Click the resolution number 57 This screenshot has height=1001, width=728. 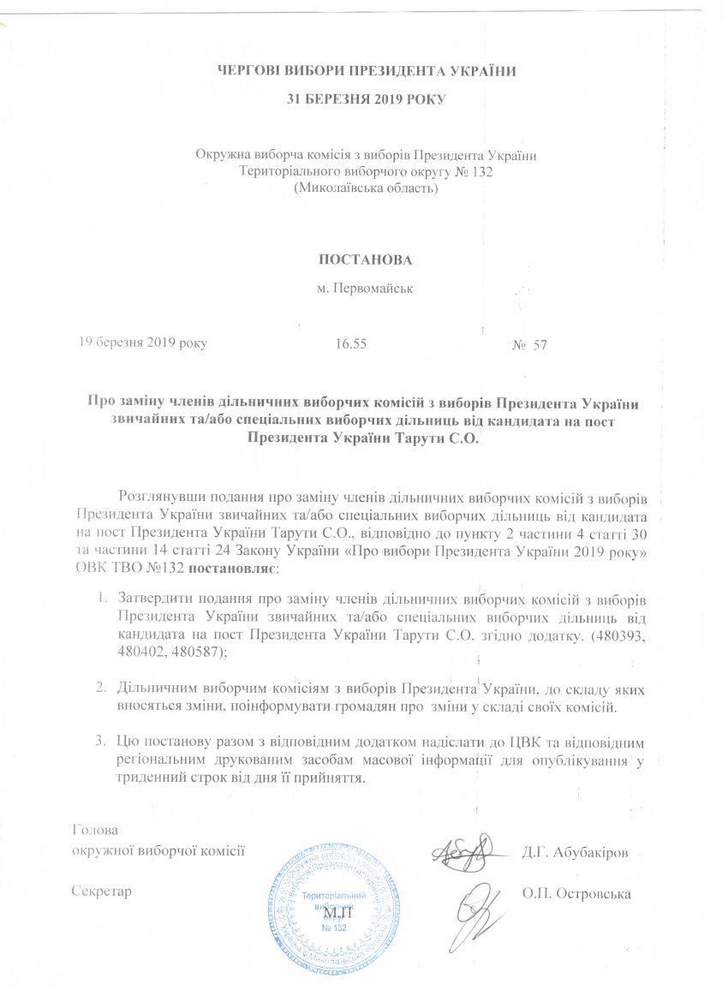pos(540,345)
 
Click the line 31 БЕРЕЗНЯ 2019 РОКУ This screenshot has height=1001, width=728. pos(364,99)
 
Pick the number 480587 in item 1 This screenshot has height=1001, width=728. pos(180,652)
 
